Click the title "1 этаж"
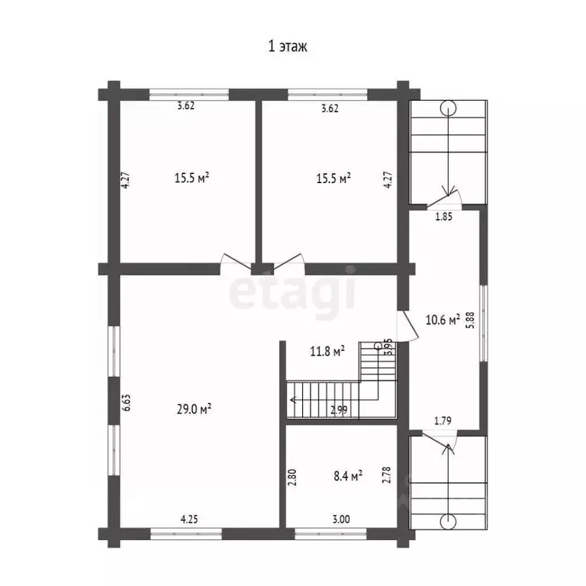(x=288, y=47)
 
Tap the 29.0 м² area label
(x=194, y=409)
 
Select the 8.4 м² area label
(x=348, y=476)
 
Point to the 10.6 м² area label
(x=443, y=320)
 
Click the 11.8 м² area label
(x=327, y=351)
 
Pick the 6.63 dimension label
(x=127, y=403)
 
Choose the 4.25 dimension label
(x=189, y=519)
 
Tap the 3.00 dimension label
(x=341, y=519)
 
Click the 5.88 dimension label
(x=471, y=320)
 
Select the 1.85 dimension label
(x=444, y=217)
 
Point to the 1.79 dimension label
(x=443, y=421)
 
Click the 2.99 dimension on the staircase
(x=339, y=410)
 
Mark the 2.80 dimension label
(x=293, y=477)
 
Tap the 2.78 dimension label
(x=387, y=475)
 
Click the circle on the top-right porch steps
(x=448, y=109)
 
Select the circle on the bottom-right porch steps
(x=448, y=522)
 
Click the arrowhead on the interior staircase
(x=293, y=400)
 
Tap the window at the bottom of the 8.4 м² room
(x=330, y=533)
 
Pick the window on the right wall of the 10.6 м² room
(x=484, y=324)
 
